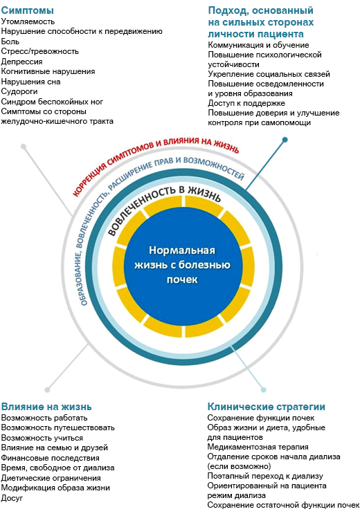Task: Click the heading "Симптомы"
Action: pos(27,10)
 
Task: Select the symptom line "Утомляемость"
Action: pos(28,21)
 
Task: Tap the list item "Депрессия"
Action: pos(21,62)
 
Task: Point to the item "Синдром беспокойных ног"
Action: pos(52,102)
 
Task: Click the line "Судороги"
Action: pos(19,91)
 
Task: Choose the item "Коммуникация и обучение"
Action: pos(258,45)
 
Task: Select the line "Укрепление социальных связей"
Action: pos(269,74)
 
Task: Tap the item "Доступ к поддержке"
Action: pos(246,103)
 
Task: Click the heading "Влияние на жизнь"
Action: pos(46,407)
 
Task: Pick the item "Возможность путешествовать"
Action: pos(58,427)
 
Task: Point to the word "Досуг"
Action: pos(12,498)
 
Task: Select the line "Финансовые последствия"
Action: pos(50,458)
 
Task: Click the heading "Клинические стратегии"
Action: pos(267,407)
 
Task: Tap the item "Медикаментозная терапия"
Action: pos(258,447)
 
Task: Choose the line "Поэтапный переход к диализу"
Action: pos(265,476)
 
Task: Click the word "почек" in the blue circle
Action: pos(182,280)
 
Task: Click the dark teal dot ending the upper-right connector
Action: pos(285,140)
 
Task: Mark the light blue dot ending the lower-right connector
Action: pos(263,390)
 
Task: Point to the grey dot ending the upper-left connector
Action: pos(24,147)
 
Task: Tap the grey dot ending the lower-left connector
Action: pos(48,390)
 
